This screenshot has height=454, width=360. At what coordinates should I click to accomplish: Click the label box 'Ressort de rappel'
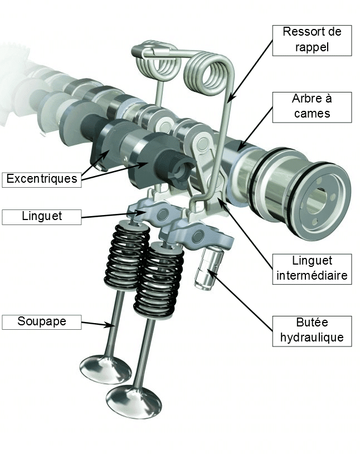point(312,40)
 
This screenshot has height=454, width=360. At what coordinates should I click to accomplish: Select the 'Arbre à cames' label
point(312,106)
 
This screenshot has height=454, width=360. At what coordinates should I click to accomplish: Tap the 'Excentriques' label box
point(41,179)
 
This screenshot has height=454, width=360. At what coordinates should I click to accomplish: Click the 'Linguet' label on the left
point(41,216)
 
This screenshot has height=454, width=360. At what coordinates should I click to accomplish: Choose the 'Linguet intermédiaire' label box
point(312,269)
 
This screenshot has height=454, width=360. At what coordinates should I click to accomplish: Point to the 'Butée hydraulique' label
point(312,330)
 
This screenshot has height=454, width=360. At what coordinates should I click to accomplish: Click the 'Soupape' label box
point(41,322)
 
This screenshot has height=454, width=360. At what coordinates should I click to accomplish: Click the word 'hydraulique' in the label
point(312,337)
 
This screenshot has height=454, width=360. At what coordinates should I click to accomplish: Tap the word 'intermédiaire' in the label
point(312,275)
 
